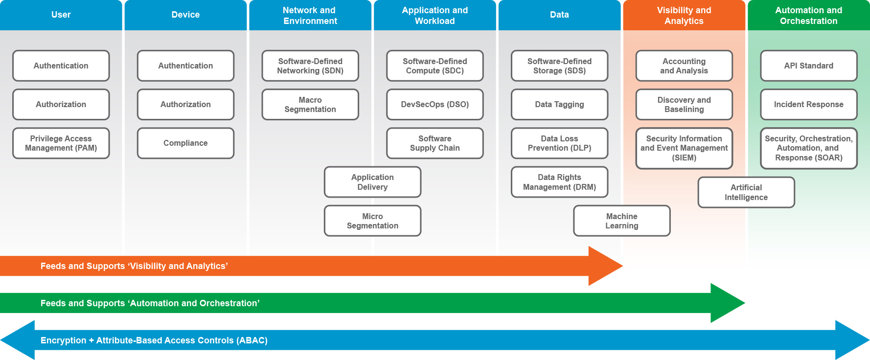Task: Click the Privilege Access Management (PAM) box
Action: (61, 143)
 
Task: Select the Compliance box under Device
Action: (185, 143)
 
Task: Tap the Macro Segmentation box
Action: (310, 105)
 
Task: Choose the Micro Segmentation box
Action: (372, 221)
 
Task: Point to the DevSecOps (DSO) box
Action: (435, 105)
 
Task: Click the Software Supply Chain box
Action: (435, 143)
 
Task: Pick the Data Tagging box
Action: (560, 105)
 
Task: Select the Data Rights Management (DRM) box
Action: (560, 182)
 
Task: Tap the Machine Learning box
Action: (622, 221)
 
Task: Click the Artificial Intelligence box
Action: (746, 192)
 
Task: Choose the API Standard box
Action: (809, 66)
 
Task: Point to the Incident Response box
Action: (809, 105)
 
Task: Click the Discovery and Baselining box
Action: (684, 105)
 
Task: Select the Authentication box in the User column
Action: (61, 66)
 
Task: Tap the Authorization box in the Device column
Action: (185, 105)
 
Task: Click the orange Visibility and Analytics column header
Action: (684, 15)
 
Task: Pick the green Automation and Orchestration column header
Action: (809, 15)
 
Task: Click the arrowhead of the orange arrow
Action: (605, 266)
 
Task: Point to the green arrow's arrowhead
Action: (728, 303)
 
